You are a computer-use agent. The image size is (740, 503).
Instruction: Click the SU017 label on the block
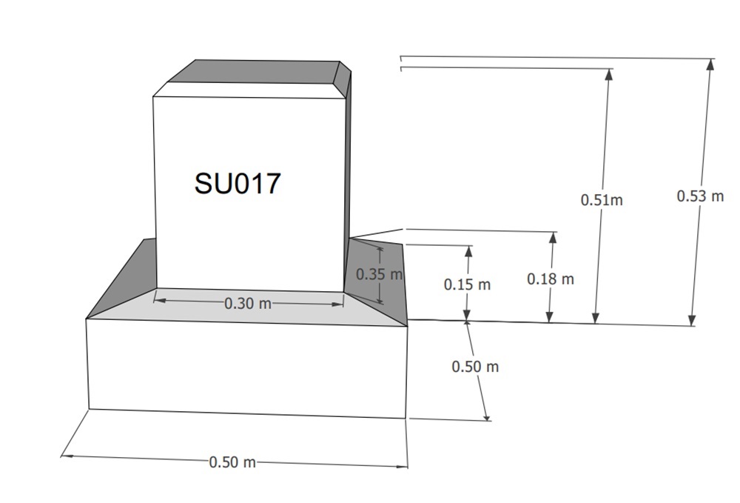click(x=238, y=183)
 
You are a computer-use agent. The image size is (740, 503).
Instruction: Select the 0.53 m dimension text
click(x=700, y=196)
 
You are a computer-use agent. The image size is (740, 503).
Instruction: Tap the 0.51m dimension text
click(x=602, y=200)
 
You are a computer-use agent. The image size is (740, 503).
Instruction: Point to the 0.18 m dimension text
click(x=551, y=279)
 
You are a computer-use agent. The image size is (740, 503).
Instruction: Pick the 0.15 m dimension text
click(x=467, y=284)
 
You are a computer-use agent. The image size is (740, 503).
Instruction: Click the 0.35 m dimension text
click(x=379, y=274)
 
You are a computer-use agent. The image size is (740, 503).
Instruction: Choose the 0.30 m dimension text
click(x=248, y=303)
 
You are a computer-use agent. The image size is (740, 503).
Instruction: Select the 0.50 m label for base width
click(x=232, y=462)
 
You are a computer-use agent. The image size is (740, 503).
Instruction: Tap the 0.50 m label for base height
click(x=475, y=367)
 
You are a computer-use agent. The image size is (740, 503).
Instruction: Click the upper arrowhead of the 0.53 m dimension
click(x=710, y=64)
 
